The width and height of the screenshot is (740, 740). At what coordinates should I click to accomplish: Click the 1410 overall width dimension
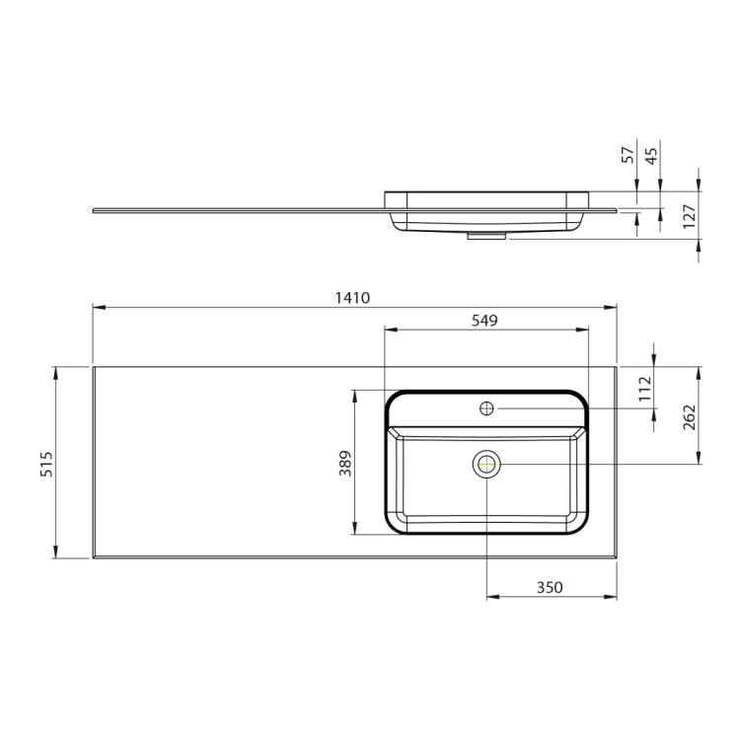pyautogui.click(x=352, y=298)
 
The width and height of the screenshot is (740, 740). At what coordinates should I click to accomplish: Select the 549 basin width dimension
pyautogui.click(x=484, y=321)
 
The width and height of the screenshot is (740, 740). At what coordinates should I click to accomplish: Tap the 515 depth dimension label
pyautogui.click(x=46, y=464)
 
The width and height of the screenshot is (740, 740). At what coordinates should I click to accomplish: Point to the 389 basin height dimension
pyautogui.click(x=345, y=463)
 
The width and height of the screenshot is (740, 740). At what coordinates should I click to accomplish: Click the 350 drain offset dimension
pyautogui.click(x=550, y=588)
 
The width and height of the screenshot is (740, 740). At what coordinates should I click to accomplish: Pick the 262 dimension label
pyautogui.click(x=690, y=417)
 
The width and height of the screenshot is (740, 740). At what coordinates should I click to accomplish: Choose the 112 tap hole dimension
pyautogui.click(x=644, y=389)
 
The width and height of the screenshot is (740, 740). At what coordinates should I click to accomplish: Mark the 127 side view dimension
pyautogui.click(x=690, y=216)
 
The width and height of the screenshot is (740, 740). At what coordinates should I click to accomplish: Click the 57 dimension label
pyautogui.click(x=628, y=155)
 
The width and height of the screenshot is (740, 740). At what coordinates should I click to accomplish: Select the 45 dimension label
pyautogui.click(x=651, y=156)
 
